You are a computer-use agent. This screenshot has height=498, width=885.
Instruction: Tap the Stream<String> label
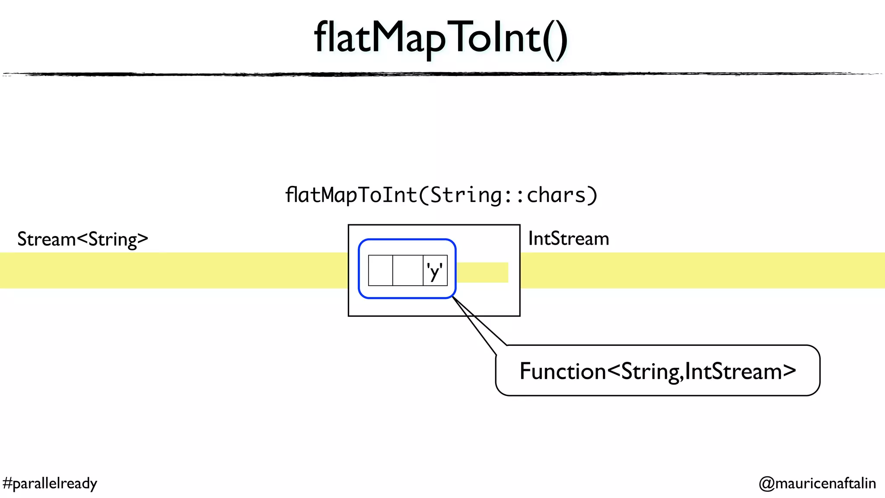(x=83, y=239)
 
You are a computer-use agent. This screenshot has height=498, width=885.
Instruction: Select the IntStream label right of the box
(x=568, y=239)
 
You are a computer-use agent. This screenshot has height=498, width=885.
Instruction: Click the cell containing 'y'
(x=435, y=271)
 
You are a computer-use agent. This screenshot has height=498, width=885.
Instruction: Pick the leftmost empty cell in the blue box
(x=380, y=271)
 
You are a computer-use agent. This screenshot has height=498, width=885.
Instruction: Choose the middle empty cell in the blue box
(x=407, y=271)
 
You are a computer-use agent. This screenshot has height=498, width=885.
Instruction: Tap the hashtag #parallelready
(x=50, y=483)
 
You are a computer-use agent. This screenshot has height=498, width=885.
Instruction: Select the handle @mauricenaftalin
(x=817, y=483)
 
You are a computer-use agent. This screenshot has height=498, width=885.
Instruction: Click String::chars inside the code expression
(x=508, y=195)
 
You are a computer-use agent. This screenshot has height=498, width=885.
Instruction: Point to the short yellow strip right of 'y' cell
(x=482, y=272)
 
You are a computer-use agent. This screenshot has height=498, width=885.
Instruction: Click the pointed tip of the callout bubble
(x=453, y=298)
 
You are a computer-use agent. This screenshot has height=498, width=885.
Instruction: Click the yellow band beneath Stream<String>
(x=173, y=271)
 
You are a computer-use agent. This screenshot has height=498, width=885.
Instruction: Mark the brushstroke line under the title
(x=441, y=74)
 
